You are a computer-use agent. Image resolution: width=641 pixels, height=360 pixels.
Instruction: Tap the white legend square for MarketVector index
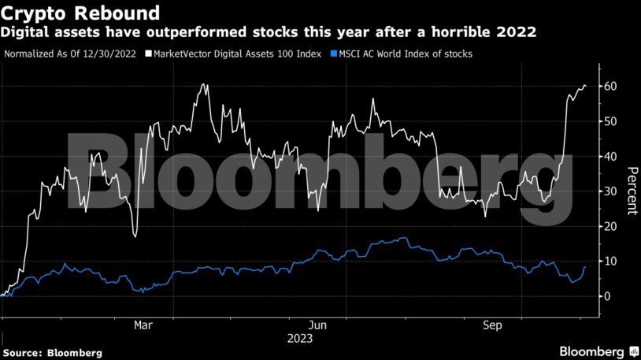[x=149, y=54]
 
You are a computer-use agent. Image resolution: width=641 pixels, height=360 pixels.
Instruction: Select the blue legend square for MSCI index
[x=334, y=54]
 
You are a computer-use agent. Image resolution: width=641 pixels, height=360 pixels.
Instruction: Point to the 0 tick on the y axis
[x=607, y=296]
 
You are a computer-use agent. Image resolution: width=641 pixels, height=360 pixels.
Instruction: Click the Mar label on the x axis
[x=143, y=325]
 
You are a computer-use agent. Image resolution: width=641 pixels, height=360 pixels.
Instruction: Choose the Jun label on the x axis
[x=317, y=325]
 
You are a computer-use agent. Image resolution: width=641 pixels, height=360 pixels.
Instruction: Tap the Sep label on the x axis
[x=492, y=325]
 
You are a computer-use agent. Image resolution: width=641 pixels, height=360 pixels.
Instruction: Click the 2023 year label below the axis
[x=300, y=338]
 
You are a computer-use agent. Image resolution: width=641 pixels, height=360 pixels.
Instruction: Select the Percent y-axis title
[x=631, y=191]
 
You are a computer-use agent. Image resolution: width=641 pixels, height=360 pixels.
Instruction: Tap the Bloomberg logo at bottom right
[x=598, y=351]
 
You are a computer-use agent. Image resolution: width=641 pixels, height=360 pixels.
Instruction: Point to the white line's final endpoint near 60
[x=585, y=86]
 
